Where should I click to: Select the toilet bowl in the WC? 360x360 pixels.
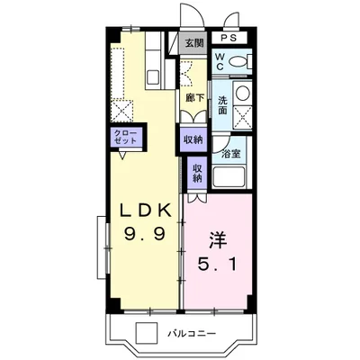tap(237, 62)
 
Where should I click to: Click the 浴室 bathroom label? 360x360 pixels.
tap(230, 154)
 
